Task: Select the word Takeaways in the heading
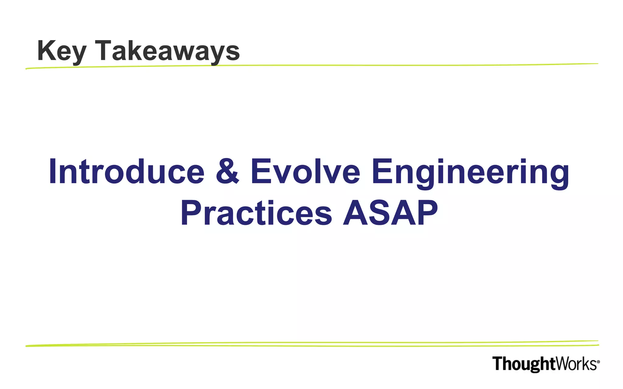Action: point(167,51)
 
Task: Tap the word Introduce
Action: point(126,172)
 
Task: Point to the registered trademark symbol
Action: point(598,362)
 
